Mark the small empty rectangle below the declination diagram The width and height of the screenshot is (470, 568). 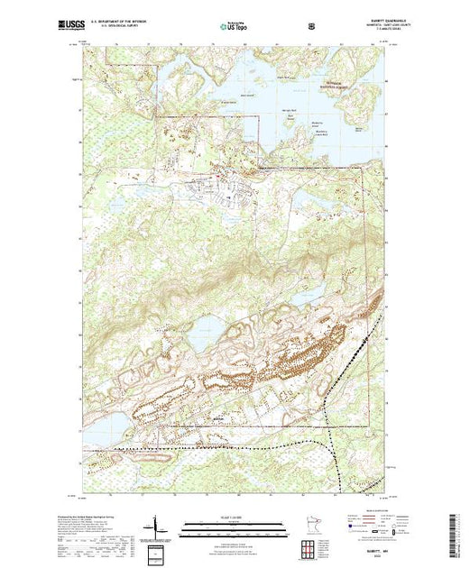tap(155, 550)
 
